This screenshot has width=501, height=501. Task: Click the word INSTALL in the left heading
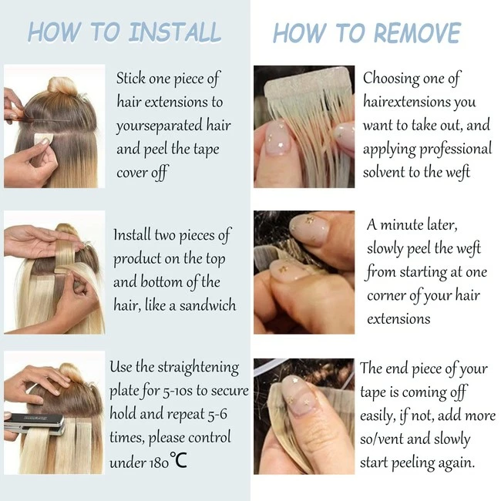174,32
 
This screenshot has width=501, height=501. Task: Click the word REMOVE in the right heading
417,33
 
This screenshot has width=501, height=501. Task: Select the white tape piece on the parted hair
43,139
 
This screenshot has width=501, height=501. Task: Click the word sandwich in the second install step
207,305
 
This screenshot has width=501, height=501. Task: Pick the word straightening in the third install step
198,368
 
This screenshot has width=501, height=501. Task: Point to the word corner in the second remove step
386,295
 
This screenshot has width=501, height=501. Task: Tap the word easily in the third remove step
378,416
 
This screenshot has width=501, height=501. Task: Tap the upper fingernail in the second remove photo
309,228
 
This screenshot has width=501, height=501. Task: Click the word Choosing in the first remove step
392,79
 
